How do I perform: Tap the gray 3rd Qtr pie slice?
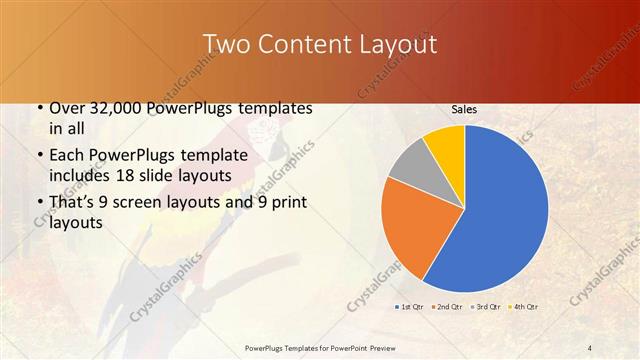411,167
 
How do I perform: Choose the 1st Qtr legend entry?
410,306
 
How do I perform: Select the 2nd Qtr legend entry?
447,306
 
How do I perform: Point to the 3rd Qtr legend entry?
485,306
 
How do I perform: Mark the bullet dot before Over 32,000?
39,108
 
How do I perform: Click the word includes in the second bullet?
81,175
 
